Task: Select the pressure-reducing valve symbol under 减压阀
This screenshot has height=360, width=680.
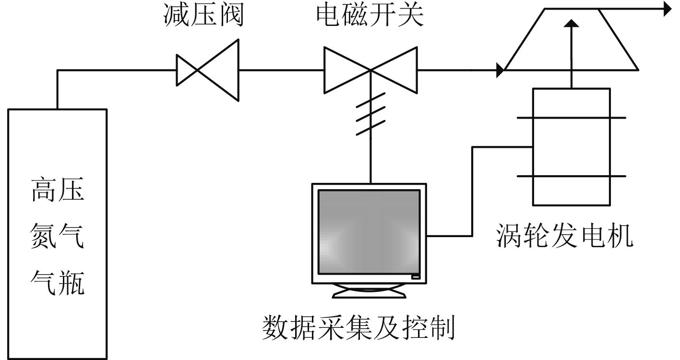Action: click(x=207, y=70)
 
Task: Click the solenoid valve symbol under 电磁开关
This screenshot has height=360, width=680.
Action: click(x=370, y=70)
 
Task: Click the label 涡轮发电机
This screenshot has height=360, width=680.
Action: click(x=564, y=236)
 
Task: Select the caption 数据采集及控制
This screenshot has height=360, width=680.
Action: click(x=358, y=328)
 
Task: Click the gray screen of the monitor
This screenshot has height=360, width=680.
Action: click(x=369, y=232)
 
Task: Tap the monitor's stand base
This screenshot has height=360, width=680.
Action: click(x=369, y=291)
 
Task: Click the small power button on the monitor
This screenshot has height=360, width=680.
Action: click(x=415, y=276)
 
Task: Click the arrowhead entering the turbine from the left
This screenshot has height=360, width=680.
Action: click(x=501, y=70)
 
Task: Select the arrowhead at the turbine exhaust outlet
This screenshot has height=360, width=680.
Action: click(x=667, y=9)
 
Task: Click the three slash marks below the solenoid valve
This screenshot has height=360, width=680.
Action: click(x=370, y=114)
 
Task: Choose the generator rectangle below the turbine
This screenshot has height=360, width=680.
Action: click(x=571, y=146)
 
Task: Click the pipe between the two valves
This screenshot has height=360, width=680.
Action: click(x=281, y=70)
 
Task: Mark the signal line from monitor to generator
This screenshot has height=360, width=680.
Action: click(x=473, y=192)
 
